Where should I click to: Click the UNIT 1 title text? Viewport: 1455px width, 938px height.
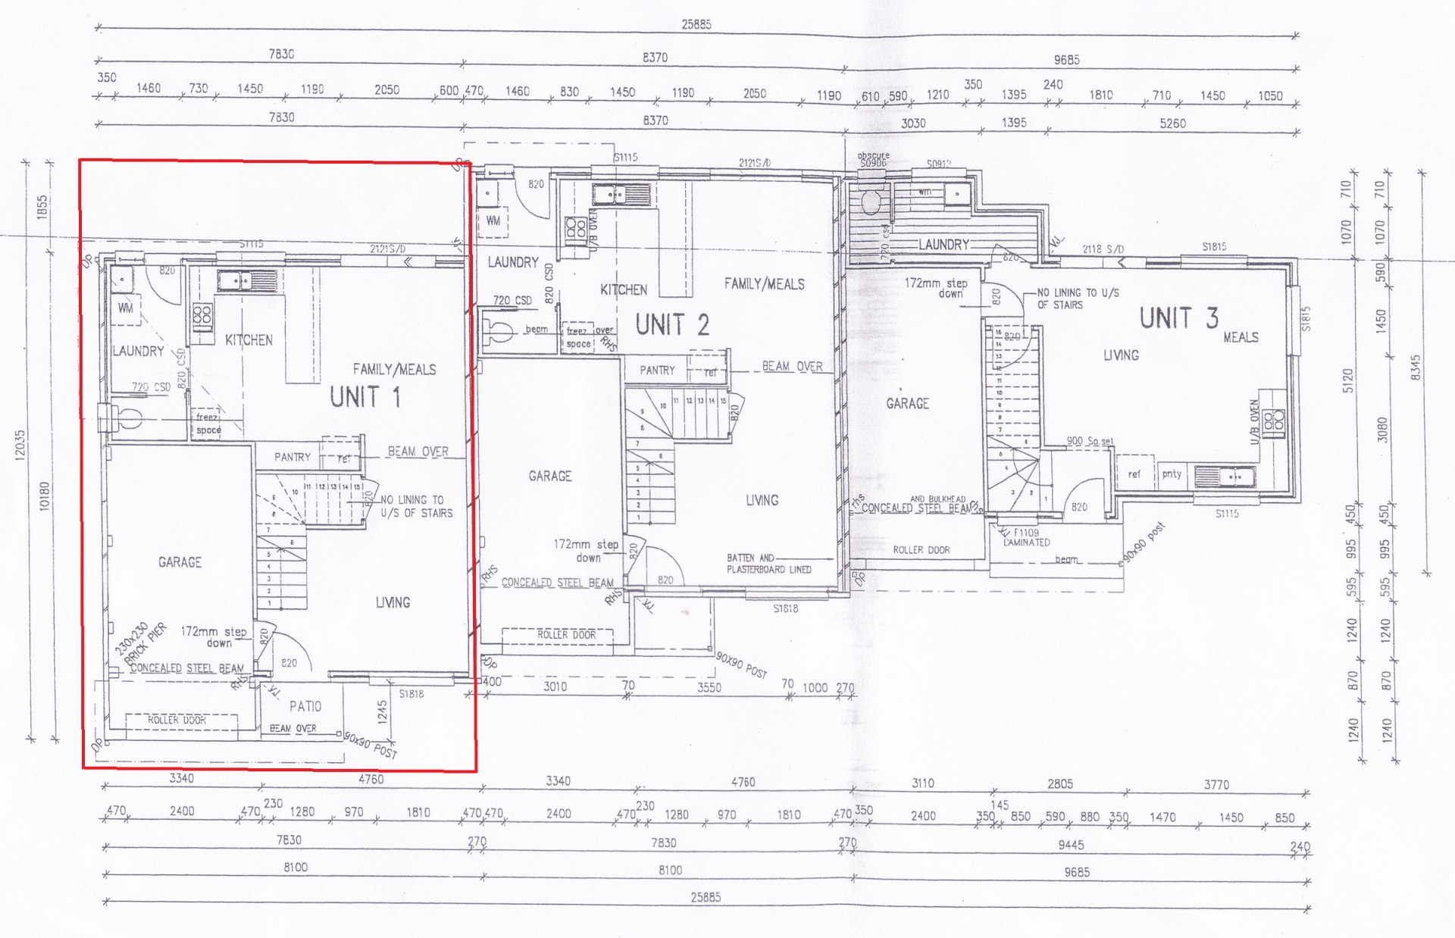365,397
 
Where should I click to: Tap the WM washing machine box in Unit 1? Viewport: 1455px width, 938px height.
126,308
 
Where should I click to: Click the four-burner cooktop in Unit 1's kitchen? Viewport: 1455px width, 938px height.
202,317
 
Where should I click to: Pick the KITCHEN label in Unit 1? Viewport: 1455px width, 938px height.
249,340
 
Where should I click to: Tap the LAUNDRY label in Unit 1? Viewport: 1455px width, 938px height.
139,351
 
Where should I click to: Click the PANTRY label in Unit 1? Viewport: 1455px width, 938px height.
293,457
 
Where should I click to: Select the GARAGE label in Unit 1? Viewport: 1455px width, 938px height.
180,562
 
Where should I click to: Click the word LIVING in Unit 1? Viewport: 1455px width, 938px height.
393,602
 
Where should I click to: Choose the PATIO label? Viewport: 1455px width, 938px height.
305,706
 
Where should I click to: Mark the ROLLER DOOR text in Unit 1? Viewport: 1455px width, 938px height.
177,720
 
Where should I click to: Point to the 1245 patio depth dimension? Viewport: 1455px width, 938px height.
383,712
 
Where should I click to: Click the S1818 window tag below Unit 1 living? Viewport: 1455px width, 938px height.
411,693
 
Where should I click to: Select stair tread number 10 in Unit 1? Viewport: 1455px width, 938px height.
295,492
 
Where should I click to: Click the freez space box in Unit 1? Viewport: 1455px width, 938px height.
208,424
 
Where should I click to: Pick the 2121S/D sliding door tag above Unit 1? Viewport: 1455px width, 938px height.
387,249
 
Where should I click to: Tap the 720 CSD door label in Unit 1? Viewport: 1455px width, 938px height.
151,387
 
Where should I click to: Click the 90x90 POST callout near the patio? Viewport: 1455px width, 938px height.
371,746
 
